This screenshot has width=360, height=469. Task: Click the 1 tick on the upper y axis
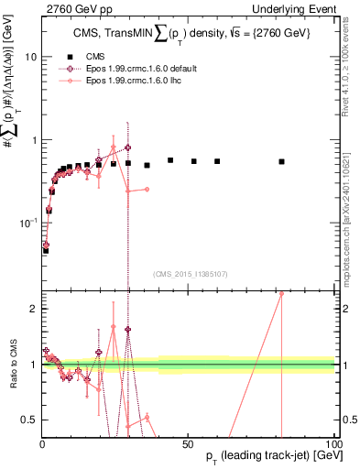click(32, 140)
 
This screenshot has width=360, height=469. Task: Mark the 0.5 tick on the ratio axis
click(28, 420)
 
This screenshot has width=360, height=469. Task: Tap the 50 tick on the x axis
click(188, 443)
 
